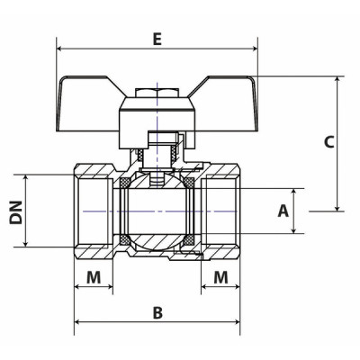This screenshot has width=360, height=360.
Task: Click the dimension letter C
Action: coord(328,141)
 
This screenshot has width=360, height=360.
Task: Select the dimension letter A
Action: coord(283,211)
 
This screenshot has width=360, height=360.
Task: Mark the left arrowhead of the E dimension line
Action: coord(60,49)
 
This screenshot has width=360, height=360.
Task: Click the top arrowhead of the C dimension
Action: coord(339,80)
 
